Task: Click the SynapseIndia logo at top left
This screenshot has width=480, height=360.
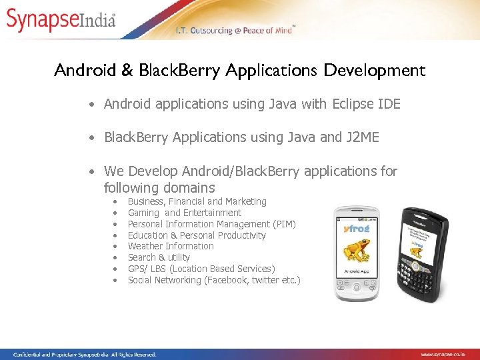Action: click(x=61, y=19)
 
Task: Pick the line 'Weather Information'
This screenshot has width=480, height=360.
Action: click(x=171, y=246)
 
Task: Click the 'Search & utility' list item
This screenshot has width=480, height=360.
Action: click(x=159, y=257)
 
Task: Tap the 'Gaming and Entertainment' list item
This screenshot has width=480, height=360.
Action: click(x=184, y=213)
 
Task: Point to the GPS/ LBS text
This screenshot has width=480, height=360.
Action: click(x=147, y=269)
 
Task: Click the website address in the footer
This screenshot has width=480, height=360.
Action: click(x=448, y=355)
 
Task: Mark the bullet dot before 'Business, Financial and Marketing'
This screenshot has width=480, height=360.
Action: click(x=115, y=201)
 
